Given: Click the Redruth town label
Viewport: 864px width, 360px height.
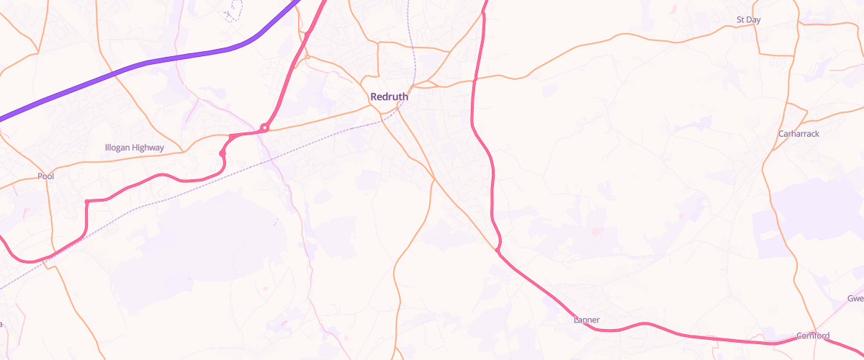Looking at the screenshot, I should pyautogui.click(x=389, y=96).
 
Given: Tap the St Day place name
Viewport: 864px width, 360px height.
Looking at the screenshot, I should pyautogui.click(x=749, y=20).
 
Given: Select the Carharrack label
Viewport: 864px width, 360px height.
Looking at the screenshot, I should pyautogui.click(x=799, y=134).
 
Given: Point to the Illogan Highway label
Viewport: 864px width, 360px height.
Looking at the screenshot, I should pyautogui.click(x=135, y=148).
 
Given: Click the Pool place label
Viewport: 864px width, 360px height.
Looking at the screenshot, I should pyautogui.click(x=46, y=176).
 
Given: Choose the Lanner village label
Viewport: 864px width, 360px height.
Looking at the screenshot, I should pyautogui.click(x=587, y=320).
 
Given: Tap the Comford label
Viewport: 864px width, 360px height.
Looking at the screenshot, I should pyautogui.click(x=813, y=336).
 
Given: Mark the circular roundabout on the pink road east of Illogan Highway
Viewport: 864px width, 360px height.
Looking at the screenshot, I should pyautogui.click(x=265, y=128).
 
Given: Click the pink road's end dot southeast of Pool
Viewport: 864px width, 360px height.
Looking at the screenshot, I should pyautogui.click(x=86, y=202).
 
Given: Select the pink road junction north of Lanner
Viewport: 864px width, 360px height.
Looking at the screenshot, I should pyautogui.click(x=498, y=250).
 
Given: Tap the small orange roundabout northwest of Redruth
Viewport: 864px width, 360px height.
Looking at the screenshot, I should pyautogui.click(x=307, y=56).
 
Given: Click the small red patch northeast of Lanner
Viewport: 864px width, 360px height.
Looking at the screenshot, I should pyautogui.click(x=595, y=232).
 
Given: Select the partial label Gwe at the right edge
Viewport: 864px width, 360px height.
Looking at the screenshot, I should pyautogui.click(x=855, y=298).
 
